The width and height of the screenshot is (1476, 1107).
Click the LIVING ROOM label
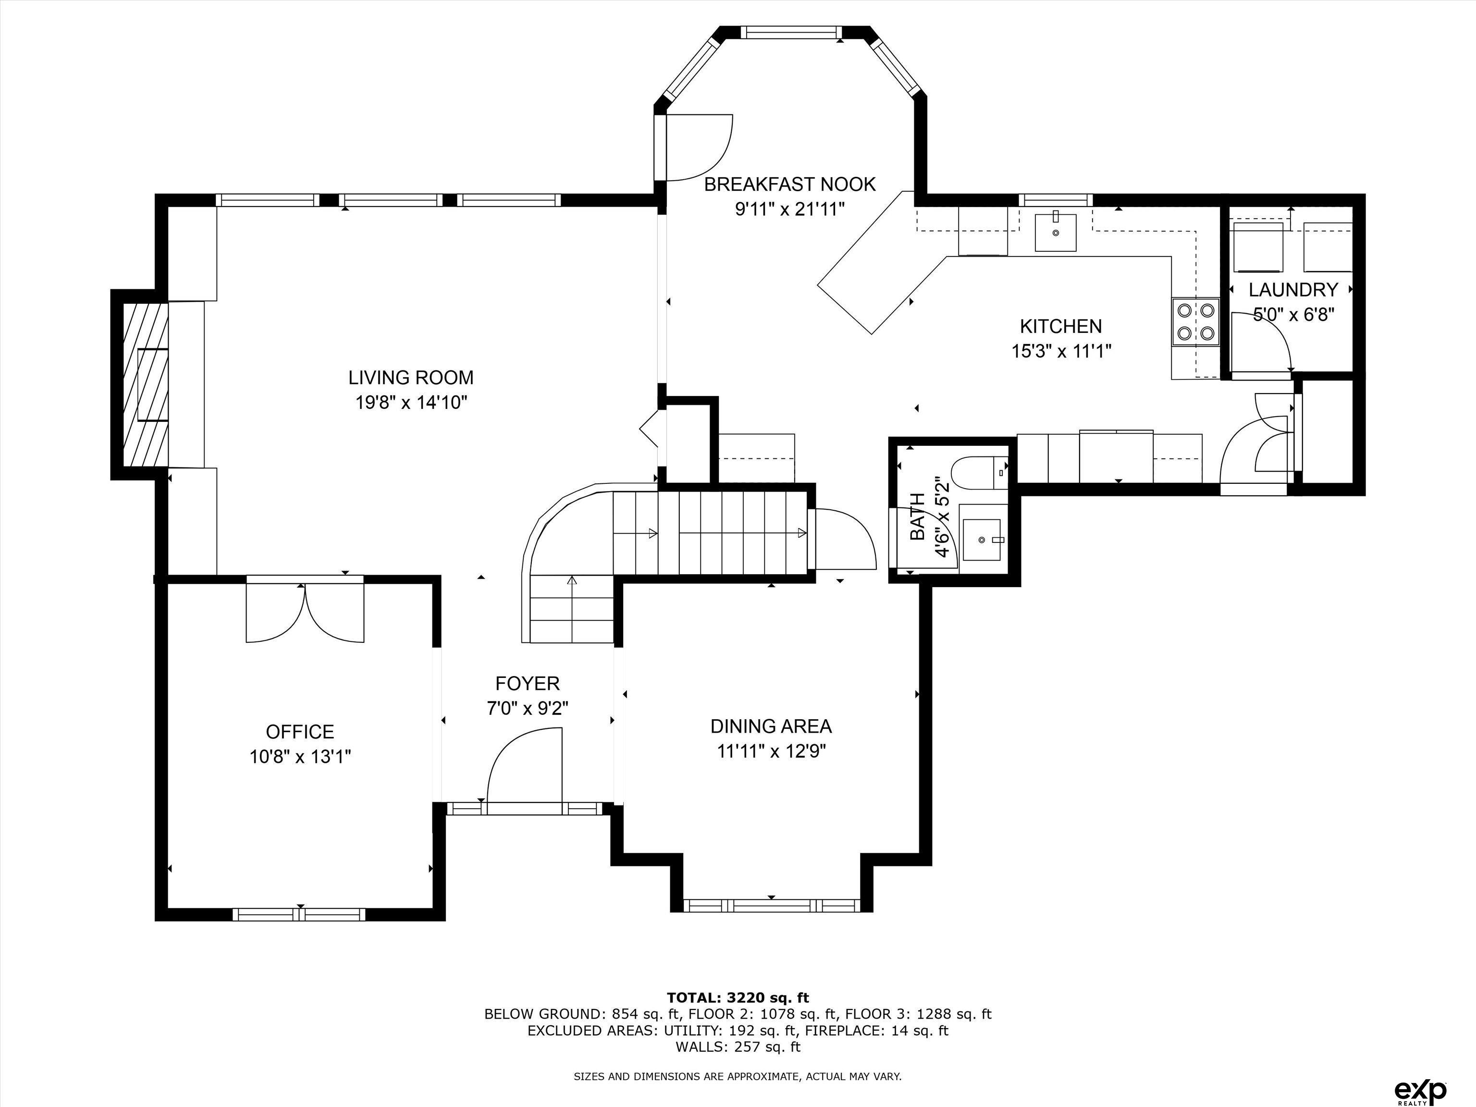coord(410,378)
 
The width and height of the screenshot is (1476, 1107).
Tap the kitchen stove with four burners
coord(1196,321)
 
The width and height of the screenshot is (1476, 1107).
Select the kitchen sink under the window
coord(1055,232)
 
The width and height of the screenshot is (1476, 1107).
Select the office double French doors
coord(305,612)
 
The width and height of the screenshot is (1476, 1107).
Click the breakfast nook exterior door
coord(697,147)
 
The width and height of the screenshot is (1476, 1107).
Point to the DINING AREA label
coord(771,726)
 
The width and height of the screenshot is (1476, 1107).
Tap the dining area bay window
coord(771,906)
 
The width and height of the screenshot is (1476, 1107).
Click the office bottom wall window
coord(299,914)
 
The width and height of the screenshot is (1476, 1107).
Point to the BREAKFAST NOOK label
coord(789,184)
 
